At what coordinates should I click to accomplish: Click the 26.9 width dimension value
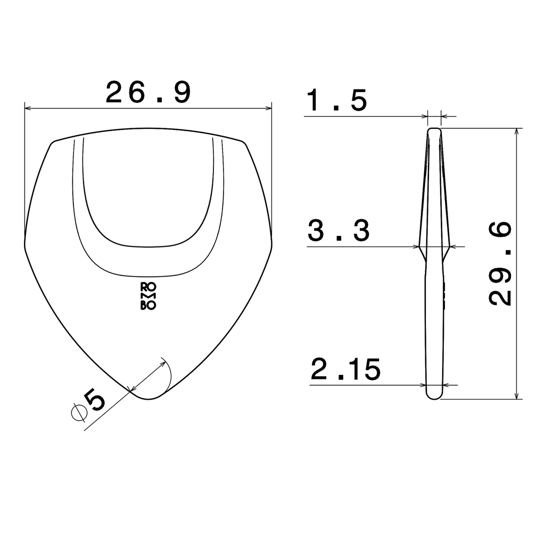click(x=148, y=93)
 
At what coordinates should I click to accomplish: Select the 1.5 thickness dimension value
click(x=337, y=101)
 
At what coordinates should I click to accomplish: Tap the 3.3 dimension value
click(x=338, y=232)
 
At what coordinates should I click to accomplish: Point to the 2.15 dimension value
click(x=346, y=370)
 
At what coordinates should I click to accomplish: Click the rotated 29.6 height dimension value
click(x=500, y=264)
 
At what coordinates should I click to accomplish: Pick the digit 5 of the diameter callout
click(x=97, y=400)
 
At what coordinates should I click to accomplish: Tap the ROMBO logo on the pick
click(x=148, y=295)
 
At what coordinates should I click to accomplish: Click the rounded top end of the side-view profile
click(x=435, y=130)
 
